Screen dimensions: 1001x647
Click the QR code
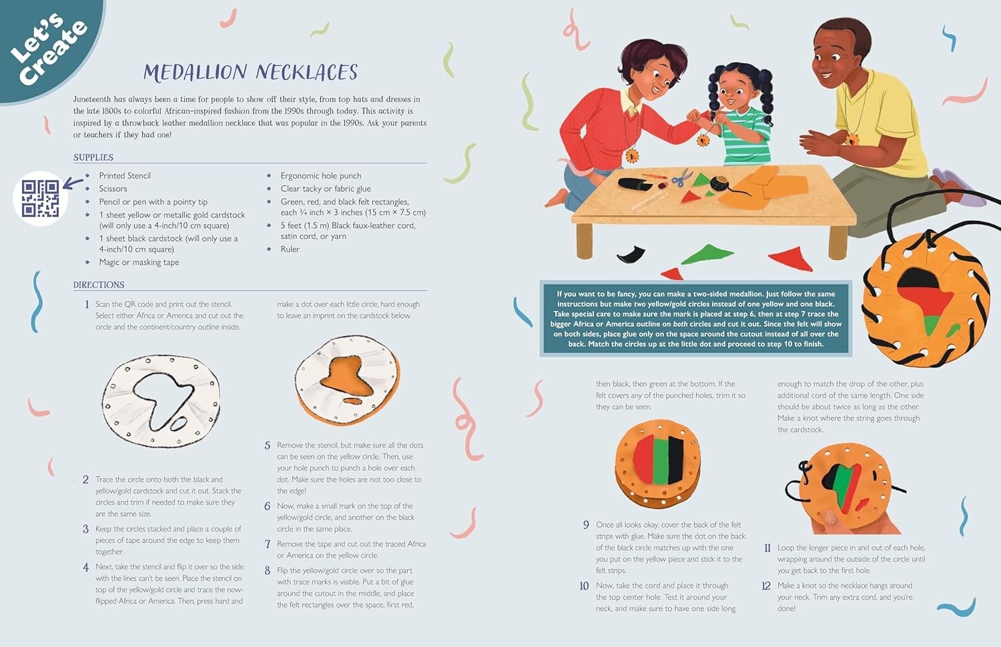[40, 198]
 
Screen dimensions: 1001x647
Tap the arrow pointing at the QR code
[73, 183]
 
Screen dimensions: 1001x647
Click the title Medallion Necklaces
[250, 72]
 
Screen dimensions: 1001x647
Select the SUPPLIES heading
[93, 157]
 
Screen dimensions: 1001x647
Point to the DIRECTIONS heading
[99, 284]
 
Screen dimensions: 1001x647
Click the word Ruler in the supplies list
[290, 249]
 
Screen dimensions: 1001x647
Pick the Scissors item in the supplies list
[113, 188]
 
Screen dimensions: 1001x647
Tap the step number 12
[766, 586]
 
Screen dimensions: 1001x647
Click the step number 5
[267, 445]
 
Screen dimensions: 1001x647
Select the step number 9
[586, 525]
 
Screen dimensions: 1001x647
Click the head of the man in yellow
[840, 53]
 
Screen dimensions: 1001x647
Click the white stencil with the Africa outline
[161, 401]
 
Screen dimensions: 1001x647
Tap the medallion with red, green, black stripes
[658, 463]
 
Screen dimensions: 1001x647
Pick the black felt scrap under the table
[631, 253]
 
